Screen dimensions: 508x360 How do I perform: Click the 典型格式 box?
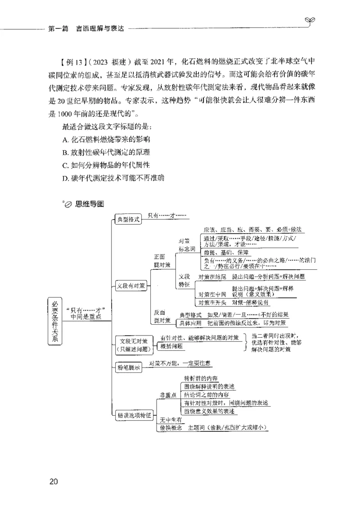coord(129,220)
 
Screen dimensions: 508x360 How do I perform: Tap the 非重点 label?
coord(168,395)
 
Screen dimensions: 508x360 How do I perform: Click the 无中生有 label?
coord(171,420)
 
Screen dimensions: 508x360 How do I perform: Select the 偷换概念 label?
coord(171,428)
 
